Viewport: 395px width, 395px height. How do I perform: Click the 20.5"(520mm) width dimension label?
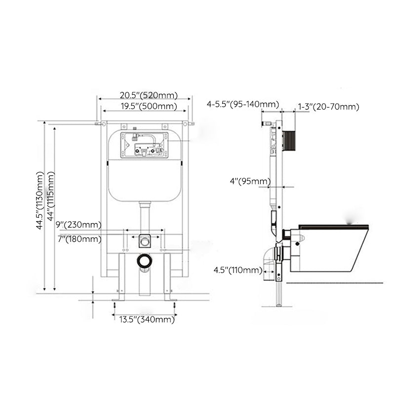[148, 96]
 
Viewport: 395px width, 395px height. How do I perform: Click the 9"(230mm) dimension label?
[78, 225]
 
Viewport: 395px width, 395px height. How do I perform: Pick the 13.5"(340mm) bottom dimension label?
[147, 319]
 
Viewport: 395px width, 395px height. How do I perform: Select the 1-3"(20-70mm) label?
[328, 107]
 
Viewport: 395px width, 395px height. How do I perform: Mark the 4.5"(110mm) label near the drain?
[237, 270]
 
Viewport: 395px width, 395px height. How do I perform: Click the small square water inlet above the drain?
[144, 241]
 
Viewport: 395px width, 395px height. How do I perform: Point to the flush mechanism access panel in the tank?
[144, 144]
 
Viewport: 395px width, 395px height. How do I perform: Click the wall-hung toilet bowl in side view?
[328, 247]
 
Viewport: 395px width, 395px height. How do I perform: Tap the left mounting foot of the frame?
[118, 299]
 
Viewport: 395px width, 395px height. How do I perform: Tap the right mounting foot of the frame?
[169, 299]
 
